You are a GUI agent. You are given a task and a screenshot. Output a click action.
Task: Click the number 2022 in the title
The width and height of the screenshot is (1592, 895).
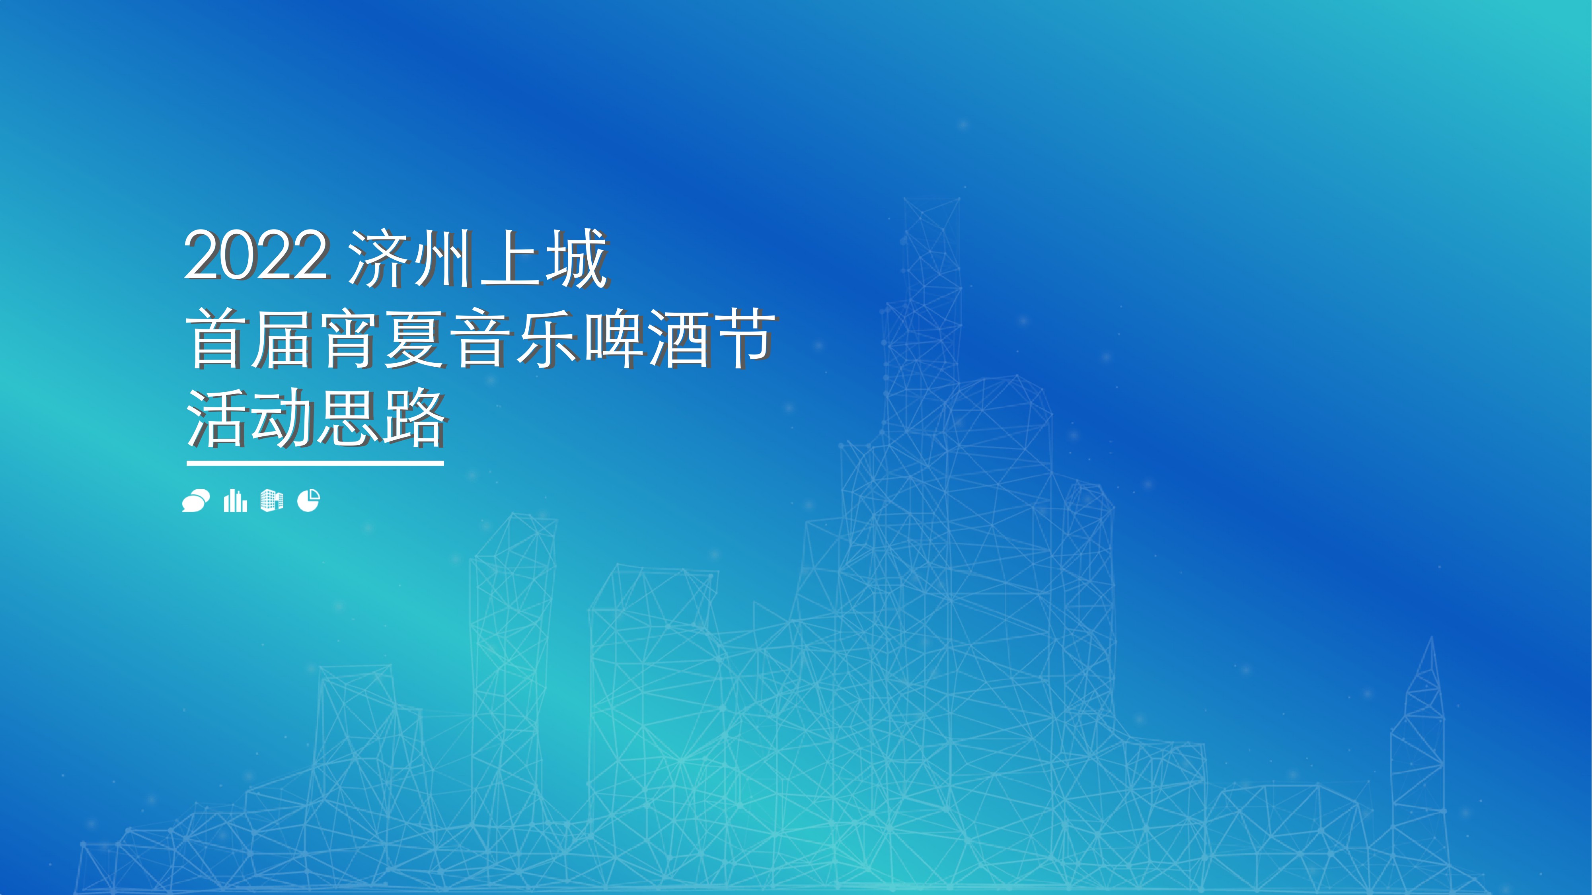coord(255,255)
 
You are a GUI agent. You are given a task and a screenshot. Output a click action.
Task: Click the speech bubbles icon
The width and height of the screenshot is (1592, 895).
coord(196,500)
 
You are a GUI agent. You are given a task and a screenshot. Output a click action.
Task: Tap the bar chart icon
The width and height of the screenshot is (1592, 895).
coord(235,500)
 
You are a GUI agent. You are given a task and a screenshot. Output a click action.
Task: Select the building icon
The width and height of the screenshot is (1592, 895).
coord(272,500)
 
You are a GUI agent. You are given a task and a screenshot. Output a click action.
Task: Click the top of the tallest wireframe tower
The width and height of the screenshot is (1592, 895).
coord(932,201)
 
